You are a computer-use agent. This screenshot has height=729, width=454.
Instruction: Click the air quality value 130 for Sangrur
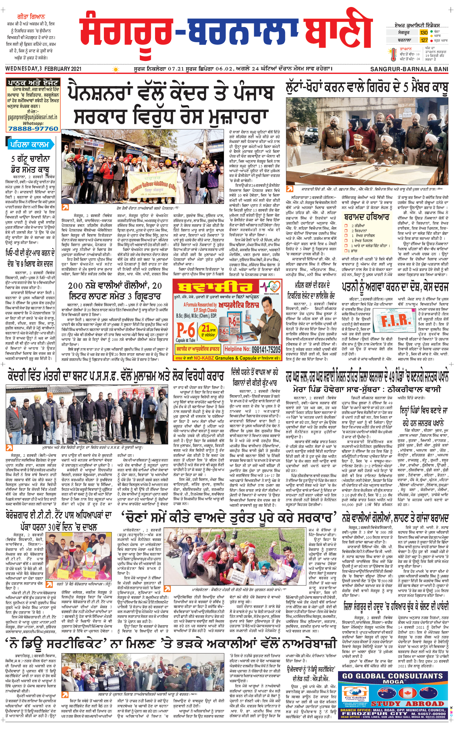(x=424, y=32)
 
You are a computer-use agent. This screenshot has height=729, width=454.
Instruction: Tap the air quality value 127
(x=424, y=40)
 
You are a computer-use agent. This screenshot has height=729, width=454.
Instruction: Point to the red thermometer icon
(x=394, y=54)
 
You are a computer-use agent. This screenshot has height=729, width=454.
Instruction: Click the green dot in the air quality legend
(x=431, y=31)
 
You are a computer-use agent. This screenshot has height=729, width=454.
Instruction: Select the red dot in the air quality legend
(x=431, y=40)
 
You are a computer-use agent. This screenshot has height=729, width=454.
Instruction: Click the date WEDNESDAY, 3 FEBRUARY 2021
(x=44, y=69)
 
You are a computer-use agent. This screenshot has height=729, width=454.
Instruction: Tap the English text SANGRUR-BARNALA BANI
(x=409, y=69)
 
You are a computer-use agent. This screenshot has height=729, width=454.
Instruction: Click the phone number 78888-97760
(x=33, y=129)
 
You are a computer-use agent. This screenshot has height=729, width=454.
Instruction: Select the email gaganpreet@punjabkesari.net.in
(x=32, y=117)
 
